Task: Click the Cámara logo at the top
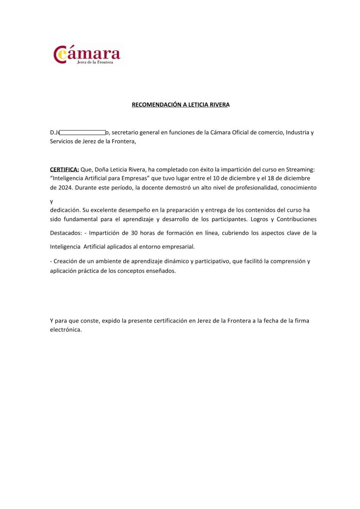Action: pyautogui.click(x=87, y=55)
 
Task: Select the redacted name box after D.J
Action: pyautogui.click(x=83, y=133)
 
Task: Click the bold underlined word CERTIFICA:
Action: pyautogui.click(x=65, y=170)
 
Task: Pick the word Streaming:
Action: pyautogui.click(x=300, y=170)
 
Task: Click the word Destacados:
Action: pyautogui.click(x=66, y=233)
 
